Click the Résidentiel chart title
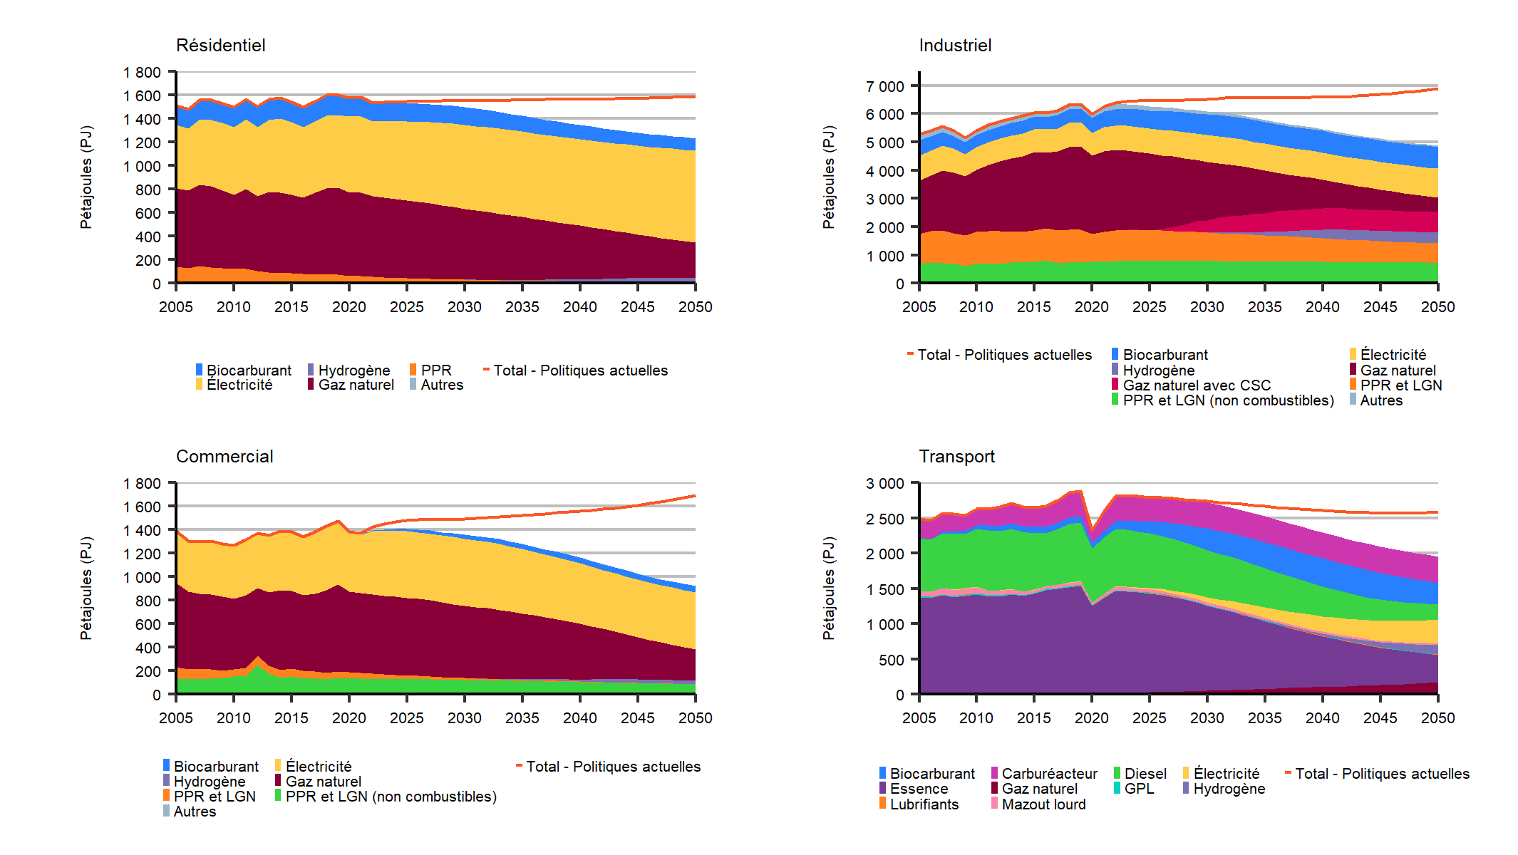220,46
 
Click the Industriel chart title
955,46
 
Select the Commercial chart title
224,457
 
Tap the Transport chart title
956,457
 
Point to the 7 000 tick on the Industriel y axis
884,87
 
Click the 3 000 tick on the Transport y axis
884,484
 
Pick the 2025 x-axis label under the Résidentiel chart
406,307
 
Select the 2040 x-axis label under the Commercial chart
579,718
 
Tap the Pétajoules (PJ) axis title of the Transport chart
828,589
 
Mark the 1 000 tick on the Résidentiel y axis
142,166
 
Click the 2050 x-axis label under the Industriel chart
1437,307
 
